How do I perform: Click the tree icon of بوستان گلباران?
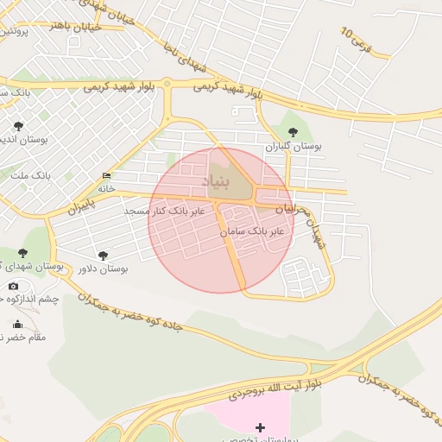tap(293, 132)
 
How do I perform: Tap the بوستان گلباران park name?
tap(293, 147)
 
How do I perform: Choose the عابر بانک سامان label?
tap(252, 232)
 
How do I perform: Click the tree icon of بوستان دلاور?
tap(104, 256)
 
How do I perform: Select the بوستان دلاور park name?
tap(102, 269)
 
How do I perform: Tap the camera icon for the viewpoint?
tap(13, 286)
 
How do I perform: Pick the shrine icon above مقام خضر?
tap(18, 324)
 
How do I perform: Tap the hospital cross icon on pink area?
tap(261, 426)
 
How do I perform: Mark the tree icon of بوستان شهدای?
tap(22, 253)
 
